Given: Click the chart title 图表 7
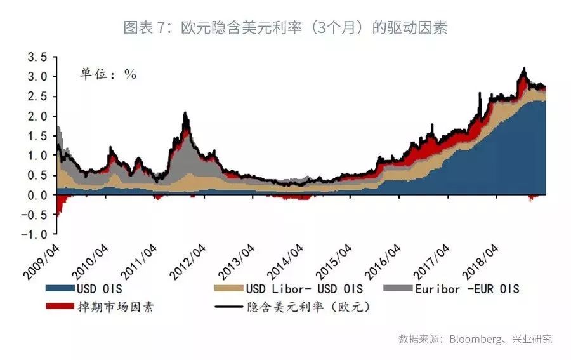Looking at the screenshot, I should pos(147,29).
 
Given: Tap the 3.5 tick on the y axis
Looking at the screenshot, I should pos(37,57).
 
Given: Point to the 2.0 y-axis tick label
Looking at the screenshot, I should pos(37,116).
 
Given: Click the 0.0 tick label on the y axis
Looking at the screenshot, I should pos(37,195).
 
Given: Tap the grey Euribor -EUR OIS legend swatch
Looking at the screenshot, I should pos(398,289).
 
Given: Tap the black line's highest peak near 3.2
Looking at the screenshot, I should pos(524,69).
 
